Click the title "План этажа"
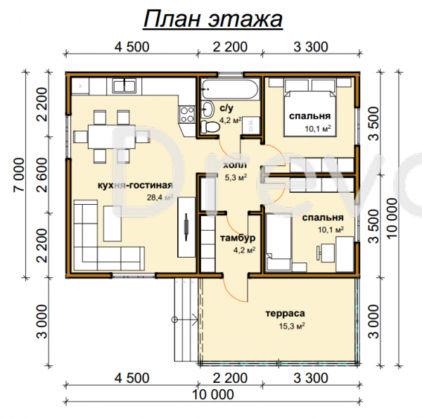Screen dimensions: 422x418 pyautogui.click(x=213, y=19)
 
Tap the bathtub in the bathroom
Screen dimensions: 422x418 pyautogui.click(x=230, y=89)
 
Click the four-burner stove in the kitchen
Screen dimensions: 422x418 pyautogui.click(x=187, y=114)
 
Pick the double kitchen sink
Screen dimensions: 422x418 pyautogui.click(x=124, y=86)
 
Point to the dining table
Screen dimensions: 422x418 pyautogui.click(x=112, y=137)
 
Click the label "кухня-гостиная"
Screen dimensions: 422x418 pyautogui.click(x=135, y=185)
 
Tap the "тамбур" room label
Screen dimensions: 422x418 pyautogui.click(x=238, y=238)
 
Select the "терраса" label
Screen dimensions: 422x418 pyautogui.click(x=285, y=314)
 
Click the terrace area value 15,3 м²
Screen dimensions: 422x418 pyautogui.click(x=292, y=326)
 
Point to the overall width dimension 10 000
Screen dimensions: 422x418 pyautogui.click(x=213, y=395)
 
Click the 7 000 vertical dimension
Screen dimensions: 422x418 pyautogui.click(x=19, y=175)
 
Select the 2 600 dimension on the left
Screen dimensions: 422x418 pyautogui.click(x=42, y=175)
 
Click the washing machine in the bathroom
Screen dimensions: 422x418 pyautogui.click(x=251, y=125)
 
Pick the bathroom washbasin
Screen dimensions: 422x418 pyautogui.click(x=207, y=109)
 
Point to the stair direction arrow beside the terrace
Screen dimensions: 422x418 pyautogui.click(x=184, y=319)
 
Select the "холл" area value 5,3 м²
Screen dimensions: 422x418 pyautogui.click(x=236, y=177)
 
